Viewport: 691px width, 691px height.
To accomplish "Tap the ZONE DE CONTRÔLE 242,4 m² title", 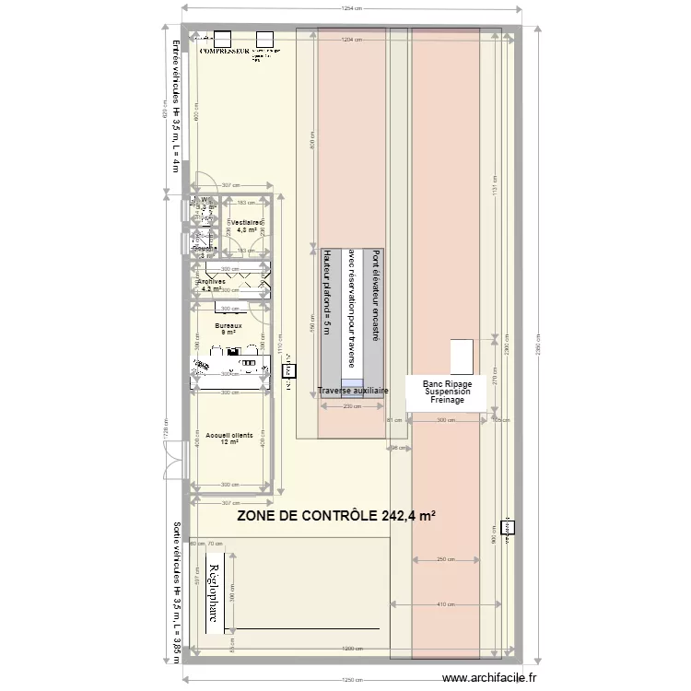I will (335, 517).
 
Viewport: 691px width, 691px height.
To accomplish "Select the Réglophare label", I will (213, 596).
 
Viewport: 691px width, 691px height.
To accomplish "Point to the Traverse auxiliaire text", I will (353, 392).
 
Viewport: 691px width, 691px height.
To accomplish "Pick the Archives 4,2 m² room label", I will (211, 286).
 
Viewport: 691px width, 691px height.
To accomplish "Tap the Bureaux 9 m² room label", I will (228, 329).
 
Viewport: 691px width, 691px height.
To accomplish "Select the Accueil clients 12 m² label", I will (229, 439).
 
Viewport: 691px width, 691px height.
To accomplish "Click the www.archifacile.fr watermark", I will (489, 678).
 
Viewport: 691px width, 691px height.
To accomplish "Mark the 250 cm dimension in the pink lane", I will (446, 559).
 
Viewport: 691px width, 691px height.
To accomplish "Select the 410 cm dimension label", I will (446, 604).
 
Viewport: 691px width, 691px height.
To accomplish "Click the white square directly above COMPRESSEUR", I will (222, 39).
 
